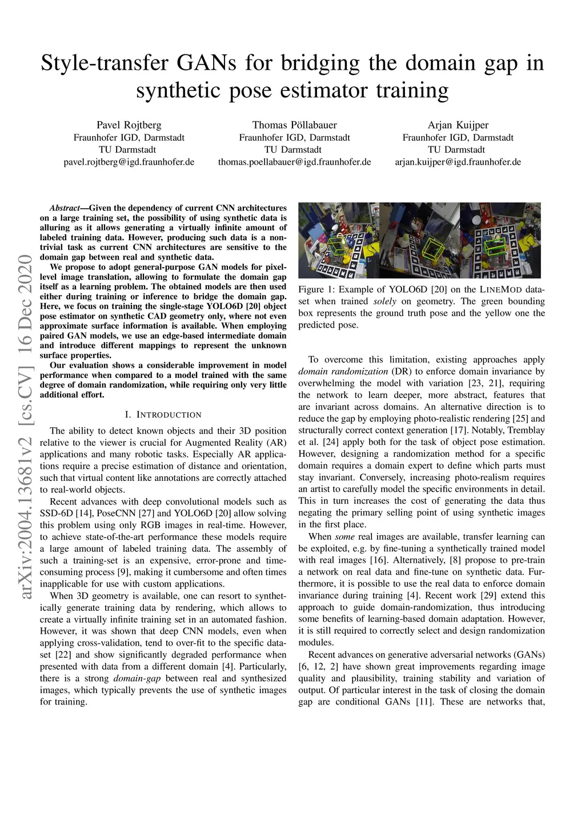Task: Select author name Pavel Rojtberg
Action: pyautogui.click(x=129, y=125)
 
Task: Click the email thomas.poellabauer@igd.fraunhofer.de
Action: pyautogui.click(x=294, y=162)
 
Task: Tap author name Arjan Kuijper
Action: pyautogui.click(x=458, y=125)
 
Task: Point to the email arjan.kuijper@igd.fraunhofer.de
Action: pyautogui.click(x=458, y=162)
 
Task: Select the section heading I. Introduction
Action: pyautogui.click(x=163, y=415)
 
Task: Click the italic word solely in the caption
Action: pyautogui.click(x=384, y=301)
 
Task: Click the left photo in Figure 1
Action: pyautogui.click(x=338, y=240)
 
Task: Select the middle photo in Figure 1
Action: pyautogui.click(x=419, y=240)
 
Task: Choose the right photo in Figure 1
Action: pyautogui.click(x=500, y=240)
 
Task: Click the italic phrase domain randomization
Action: pyautogui.click(x=343, y=372)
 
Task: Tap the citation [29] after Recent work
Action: pyautogui.click(x=492, y=596)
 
